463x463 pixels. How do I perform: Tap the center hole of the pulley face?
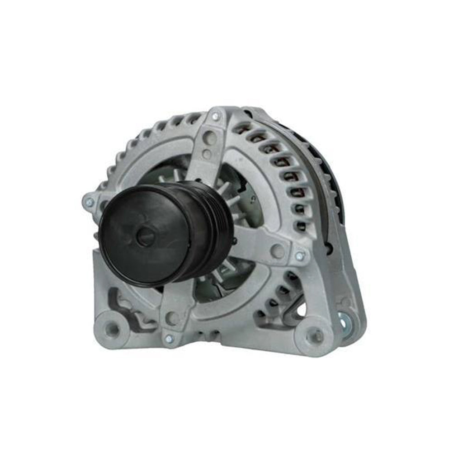tap(145, 236)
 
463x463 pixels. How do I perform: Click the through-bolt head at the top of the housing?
tap(215, 116)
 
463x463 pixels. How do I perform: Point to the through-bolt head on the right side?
tap(299, 256)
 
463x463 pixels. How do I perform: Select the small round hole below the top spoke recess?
tap(206, 154)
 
